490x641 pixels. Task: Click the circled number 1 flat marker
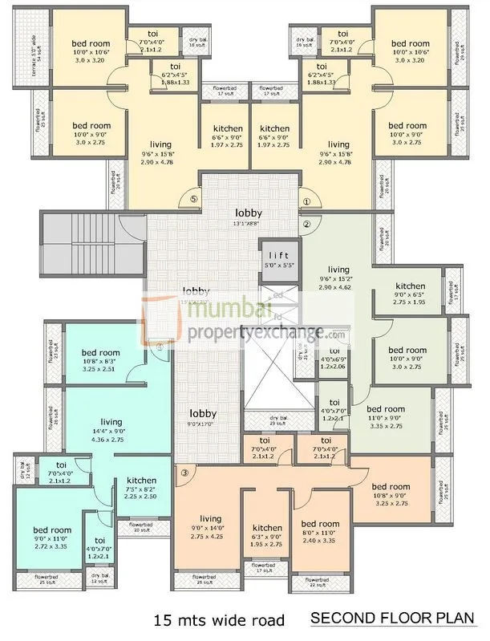[306, 203]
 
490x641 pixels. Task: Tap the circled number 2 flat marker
[306, 225]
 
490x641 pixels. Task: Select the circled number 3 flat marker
[184, 473]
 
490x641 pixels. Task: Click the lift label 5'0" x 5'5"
[278, 258]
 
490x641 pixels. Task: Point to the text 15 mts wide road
[219, 619]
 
